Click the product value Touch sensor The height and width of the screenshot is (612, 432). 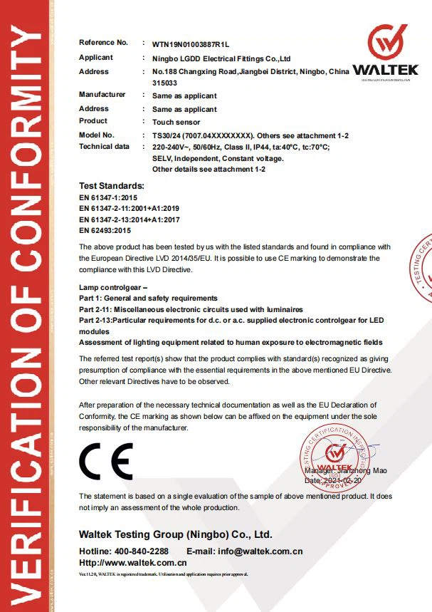(175, 122)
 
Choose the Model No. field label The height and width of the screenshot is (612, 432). (96, 135)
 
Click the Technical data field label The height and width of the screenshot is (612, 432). (104, 146)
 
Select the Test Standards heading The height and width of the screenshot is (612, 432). (111, 185)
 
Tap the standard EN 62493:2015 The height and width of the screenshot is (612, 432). (105, 231)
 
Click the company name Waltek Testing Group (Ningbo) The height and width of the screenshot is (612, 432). (175, 534)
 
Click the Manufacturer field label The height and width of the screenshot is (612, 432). (102, 95)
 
